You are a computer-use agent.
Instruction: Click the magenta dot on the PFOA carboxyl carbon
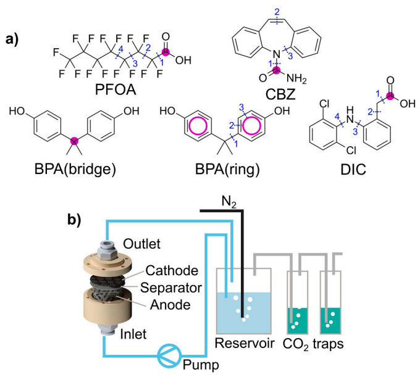click(x=165, y=52)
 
